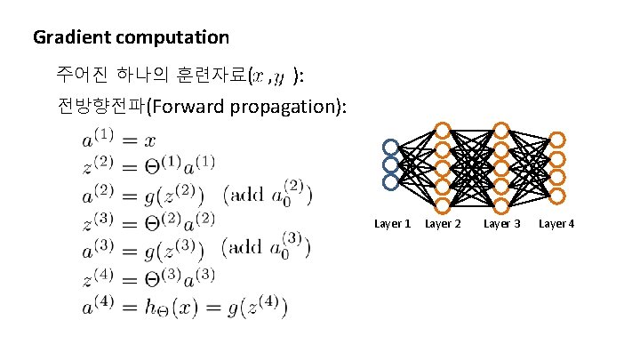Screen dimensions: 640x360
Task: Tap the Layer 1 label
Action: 393,223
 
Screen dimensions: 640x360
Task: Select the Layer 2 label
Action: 443,223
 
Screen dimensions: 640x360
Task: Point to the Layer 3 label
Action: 502,223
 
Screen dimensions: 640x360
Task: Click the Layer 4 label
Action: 556,223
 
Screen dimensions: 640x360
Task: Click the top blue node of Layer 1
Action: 390,148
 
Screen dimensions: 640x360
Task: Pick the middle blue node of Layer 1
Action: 390,164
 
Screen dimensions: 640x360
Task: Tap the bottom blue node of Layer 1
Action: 390,181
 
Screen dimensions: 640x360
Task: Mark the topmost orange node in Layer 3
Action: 501,130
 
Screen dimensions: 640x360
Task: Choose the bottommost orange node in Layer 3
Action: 501,204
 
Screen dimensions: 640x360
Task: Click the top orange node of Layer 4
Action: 557,140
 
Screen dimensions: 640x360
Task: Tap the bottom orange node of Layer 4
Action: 557,195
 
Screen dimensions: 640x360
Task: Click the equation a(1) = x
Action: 120,140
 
